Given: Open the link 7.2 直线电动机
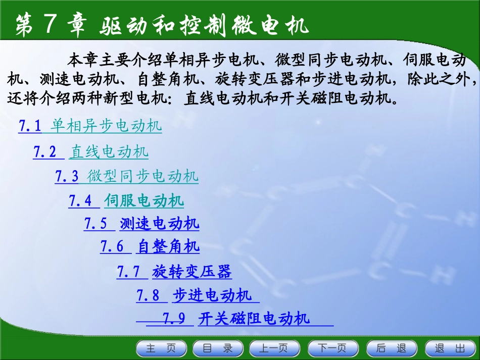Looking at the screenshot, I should click(x=91, y=151).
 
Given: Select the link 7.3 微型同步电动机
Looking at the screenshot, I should click(x=126, y=177).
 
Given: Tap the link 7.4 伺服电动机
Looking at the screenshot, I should click(x=126, y=201).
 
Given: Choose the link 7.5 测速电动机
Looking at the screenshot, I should click(x=141, y=224).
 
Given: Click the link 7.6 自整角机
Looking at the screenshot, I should click(x=150, y=247).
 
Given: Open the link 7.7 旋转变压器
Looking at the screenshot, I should click(x=174, y=273).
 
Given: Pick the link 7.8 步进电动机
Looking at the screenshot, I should click(x=194, y=295).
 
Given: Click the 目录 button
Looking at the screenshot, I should click(x=218, y=348).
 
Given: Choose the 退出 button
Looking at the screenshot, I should click(x=450, y=348).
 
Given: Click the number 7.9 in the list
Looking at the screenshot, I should click(x=174, y=319).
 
